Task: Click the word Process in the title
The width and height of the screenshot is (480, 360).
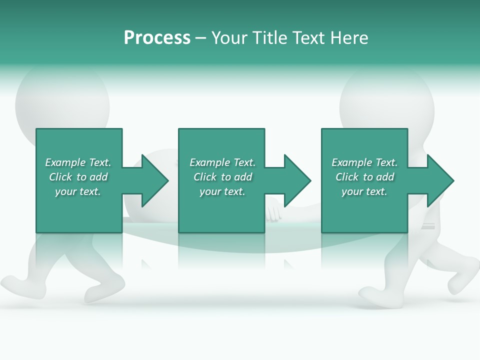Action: pyautogui.click(x=157, y=38)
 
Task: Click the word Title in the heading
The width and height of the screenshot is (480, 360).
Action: pyautogui.click(x=269, y=38)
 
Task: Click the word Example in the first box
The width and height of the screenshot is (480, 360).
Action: pyautogui.click(x=65, y=162)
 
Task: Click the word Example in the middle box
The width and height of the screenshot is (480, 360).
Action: pyautogui.click(x=209, y=162)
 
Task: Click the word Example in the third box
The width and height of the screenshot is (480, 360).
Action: pyautogui.click(x=351, y=162)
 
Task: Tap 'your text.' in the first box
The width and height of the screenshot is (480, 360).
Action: pyautogui.click(x=78, y=191)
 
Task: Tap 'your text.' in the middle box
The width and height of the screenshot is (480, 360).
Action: pyautogui.click(x=222, y=191)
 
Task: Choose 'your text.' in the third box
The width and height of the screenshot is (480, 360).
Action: pyautogui.click(x=364, y=191)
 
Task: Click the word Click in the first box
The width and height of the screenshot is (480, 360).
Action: pyautogui.click(x=60, y=177)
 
